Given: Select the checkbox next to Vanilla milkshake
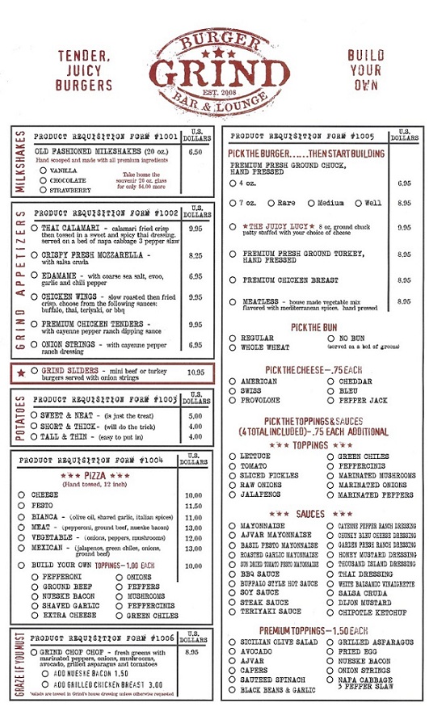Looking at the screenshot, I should [x=42, y=170].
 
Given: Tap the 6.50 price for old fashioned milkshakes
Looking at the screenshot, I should [x=195, y=151].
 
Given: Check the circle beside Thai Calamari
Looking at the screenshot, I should [x=34, y=229].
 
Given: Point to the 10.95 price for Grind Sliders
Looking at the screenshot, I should [x=195, y=372].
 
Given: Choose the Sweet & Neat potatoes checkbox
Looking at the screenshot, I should [x=34, y=415].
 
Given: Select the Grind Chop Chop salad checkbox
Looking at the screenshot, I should [x=34, y=651].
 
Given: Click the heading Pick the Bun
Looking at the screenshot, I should [x=318, y=327].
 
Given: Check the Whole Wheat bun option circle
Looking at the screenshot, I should [x=233, y=347].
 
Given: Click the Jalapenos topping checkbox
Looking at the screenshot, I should [x=233, y=494].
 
